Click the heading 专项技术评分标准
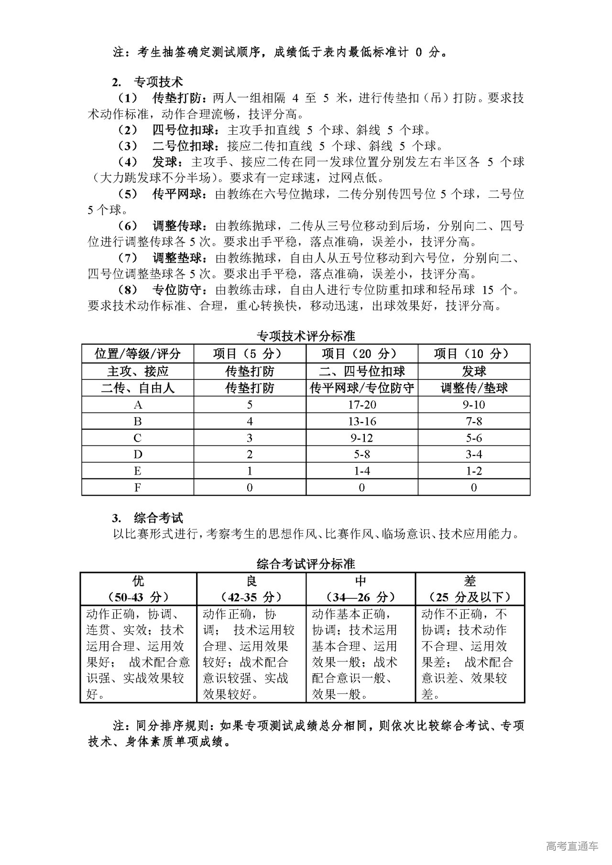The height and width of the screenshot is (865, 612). pyautogui.click(x=306, y=336)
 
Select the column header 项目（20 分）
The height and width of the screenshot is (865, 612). pyautogui.click(x=361, y=354)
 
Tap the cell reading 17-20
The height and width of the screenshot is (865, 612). pyautogui.click(x=361, y=405)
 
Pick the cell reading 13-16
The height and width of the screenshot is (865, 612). pyautogui.click(x=361, y=422)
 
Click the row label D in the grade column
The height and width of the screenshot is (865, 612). pyautogui.click(x=138, y=454)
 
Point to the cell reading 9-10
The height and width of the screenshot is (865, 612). pyautogui.click(x=474, y=405)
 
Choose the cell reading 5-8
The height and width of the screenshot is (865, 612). pyautogui.click(x=361, y=454)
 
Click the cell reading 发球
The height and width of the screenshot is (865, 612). pyautogui.click(x=474, y=371)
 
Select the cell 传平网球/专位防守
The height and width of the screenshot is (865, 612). pyautogui.click(x=361, y=388)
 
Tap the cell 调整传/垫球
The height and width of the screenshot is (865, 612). pyautogui.click(x=474, y=388)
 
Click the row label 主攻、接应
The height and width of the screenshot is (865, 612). pyautogui.click(x=138, y=371)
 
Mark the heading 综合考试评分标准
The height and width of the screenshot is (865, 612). pyautogui.click(x=306, y=563)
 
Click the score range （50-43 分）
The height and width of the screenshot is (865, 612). pyautogui.click(x=138, y=597)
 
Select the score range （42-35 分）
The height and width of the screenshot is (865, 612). pyautogui.click(x=251, y=597)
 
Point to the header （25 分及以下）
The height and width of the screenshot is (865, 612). pyautogui.click(x=470, y=597)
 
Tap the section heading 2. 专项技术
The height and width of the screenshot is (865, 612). pyautogui.click(x=148, y=82)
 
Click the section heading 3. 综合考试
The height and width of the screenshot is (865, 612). pyautogui.click(x=148, y=518)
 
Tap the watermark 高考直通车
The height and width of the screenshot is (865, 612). pyautogui.click(x=572, y=846)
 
